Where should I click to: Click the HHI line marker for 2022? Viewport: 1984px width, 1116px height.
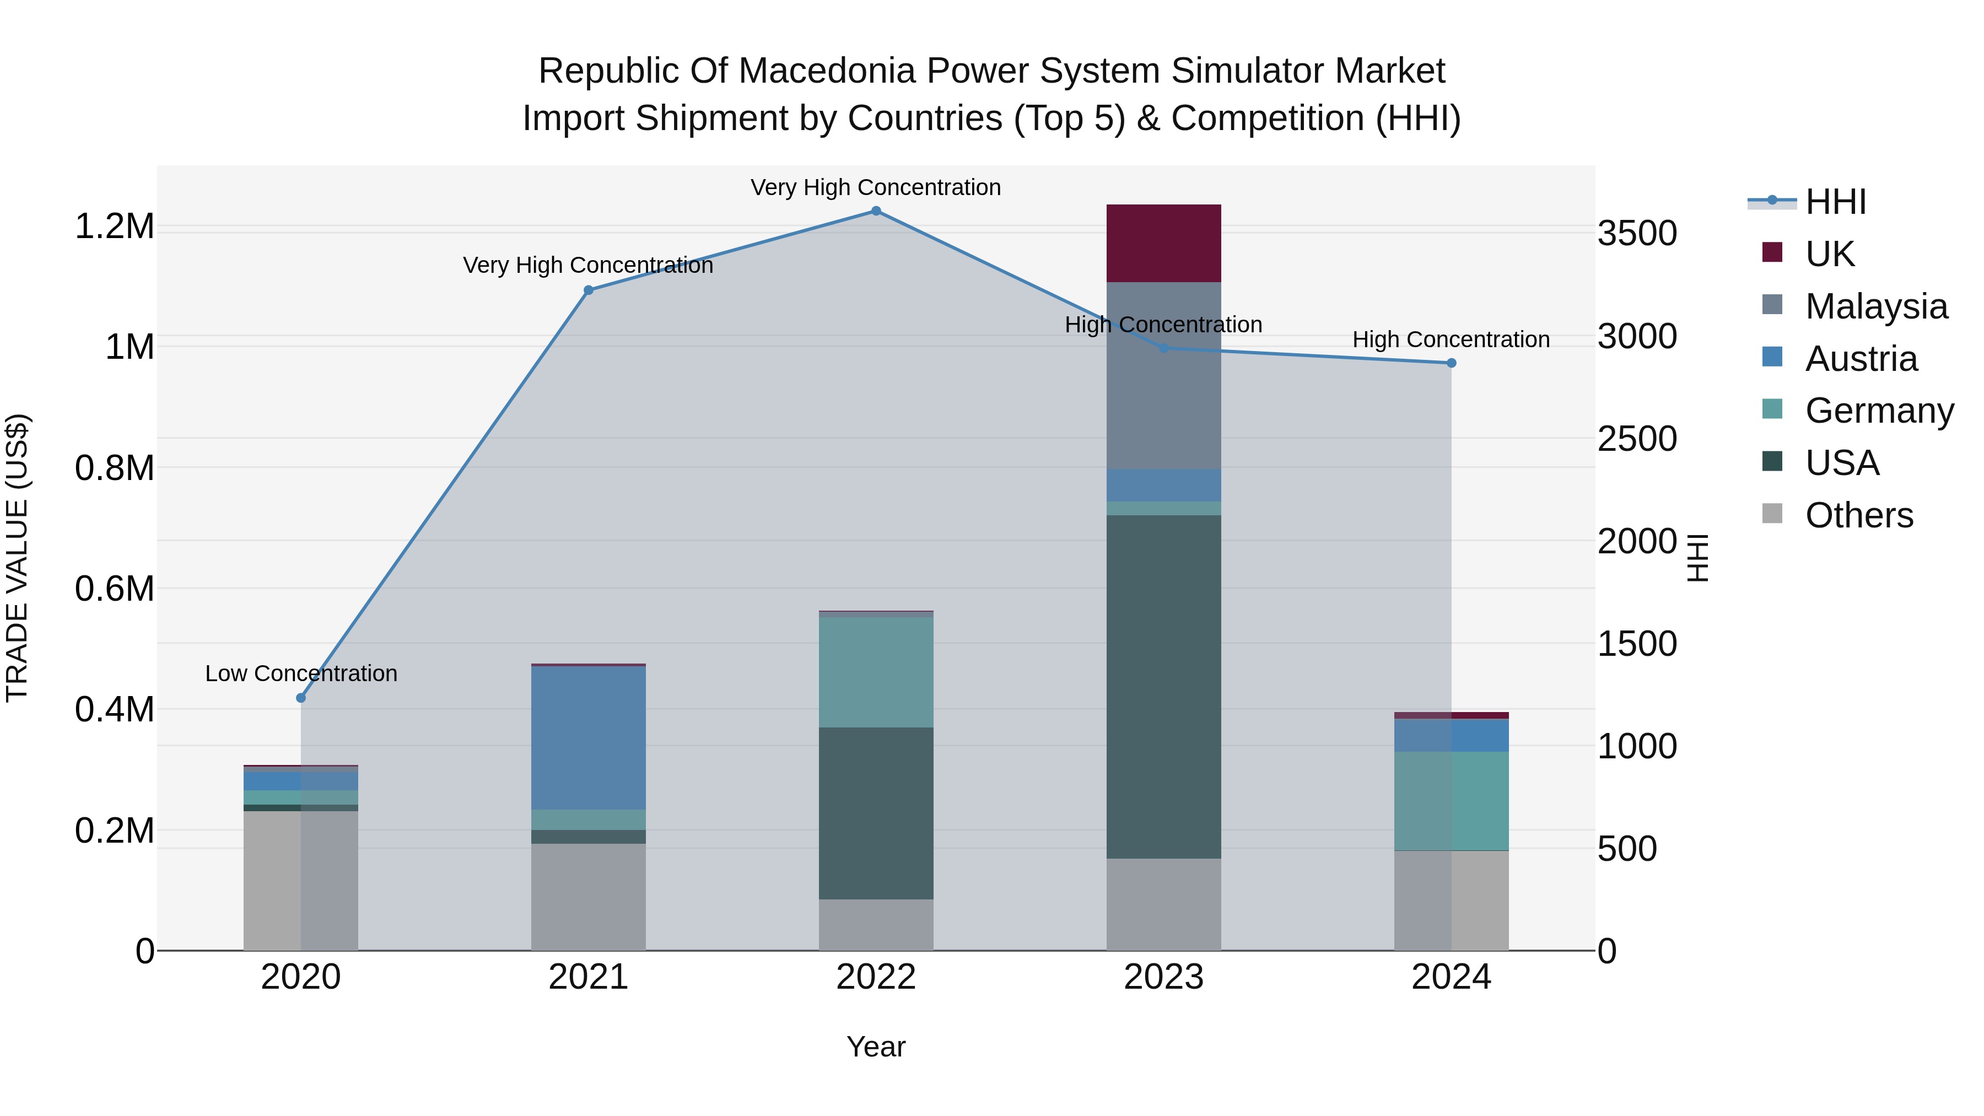(x=876, y=211)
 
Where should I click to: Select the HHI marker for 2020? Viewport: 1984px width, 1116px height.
(x=301, y=698)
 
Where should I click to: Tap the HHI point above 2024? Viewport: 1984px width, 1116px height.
(x=1451, y=363)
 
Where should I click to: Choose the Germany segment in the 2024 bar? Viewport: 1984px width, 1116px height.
(x=1451, y=801)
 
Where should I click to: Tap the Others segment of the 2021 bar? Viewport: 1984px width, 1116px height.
(x=589, y=897)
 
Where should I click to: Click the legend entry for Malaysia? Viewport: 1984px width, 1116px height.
(x=1875, y=306)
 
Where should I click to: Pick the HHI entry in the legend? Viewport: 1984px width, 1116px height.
(x=1835, y=202)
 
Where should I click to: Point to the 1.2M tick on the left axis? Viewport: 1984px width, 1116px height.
(x=114, y=227)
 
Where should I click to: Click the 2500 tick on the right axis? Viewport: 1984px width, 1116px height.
(x=1637, y=439)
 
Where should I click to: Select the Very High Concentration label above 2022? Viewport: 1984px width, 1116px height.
(x=876, y=187)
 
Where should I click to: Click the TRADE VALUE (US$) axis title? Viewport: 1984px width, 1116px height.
(x=17, y=558)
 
